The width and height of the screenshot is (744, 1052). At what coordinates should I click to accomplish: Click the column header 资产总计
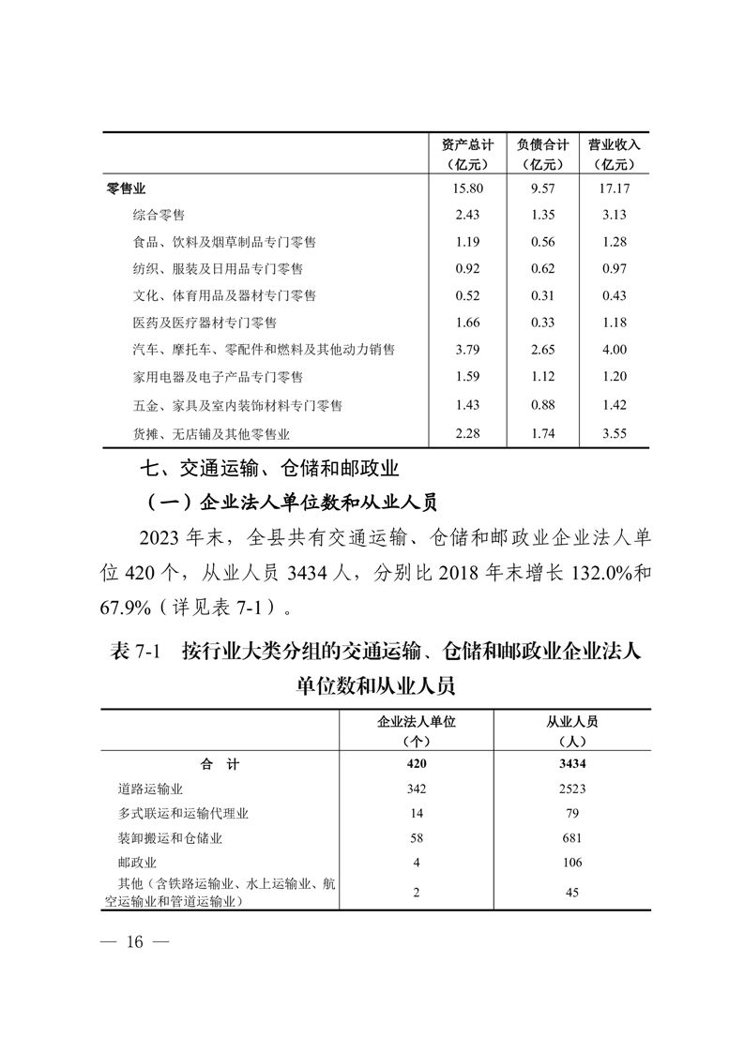pyautogui.click(x=466, y=145)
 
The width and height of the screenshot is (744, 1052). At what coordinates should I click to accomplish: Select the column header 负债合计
pyautogui.click(x=542, y=145)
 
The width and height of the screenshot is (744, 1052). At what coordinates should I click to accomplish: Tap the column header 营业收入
pyautogui.click(x=614, y=145)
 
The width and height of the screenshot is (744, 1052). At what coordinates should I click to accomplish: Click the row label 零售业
pyautogui.click(x=127, y=188)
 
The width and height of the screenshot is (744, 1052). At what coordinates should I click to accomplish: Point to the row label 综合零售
pyautogui.click(x=159, y=215)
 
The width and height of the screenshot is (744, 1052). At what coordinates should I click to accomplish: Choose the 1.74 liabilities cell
pyautogui.click(x=542, y=433)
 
